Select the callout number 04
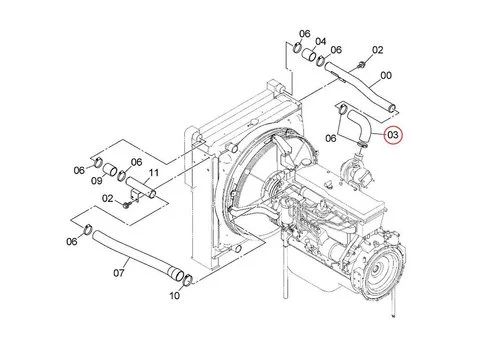[x=321, y=42]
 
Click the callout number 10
[x=175, y=295]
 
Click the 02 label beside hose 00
[x=378, y=48]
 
